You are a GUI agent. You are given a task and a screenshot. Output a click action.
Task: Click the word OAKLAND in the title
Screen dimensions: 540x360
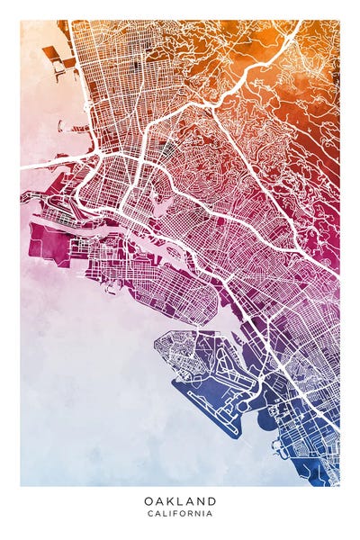coord(180,500)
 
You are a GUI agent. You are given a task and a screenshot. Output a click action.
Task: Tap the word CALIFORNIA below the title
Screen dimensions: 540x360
coord(180,514)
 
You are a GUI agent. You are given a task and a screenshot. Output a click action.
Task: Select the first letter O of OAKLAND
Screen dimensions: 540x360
coord(148,500)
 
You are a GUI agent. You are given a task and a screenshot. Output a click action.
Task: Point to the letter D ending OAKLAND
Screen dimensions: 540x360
coord(212,500)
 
